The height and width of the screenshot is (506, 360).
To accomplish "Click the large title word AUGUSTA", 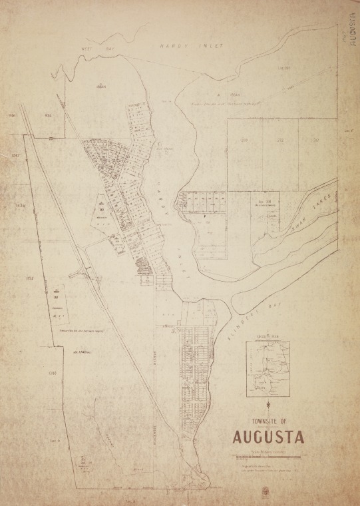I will coord(269,438).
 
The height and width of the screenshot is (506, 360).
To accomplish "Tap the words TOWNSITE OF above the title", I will coord(269,421).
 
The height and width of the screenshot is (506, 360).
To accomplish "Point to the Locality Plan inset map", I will coord(268,368).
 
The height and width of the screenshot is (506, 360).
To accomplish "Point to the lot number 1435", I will coord(19,206).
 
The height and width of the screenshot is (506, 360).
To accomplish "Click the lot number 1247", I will coord(17,155).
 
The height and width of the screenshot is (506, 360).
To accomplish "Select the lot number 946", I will coord(12,116).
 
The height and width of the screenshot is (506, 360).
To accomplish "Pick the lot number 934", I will coord(48,116).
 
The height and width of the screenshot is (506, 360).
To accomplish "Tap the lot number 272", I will coord(281,140).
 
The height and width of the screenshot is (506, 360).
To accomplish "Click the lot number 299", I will coord(244,140).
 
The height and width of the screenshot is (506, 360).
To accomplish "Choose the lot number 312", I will coord(315,140).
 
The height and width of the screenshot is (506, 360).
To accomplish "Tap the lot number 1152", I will coord(29,278).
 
